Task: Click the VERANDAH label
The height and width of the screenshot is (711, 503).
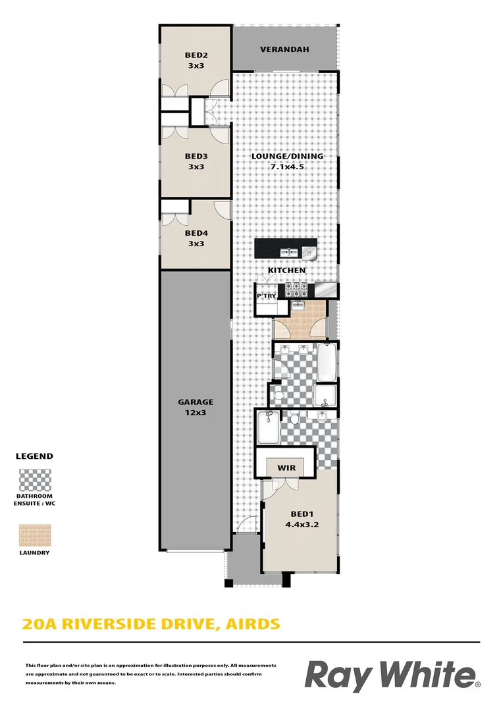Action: [x=284, y=49]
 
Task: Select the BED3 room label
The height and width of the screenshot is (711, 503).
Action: [x=196, y=157]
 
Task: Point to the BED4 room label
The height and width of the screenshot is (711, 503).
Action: [x=196, y=233]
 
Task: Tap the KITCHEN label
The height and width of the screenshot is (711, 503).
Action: [x=286, y=271]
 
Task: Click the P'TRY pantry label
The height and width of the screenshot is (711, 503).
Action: [x=266, y=297]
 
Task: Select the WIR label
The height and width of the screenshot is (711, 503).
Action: [x=286, y=468]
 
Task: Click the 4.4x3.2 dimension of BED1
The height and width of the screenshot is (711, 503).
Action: [x=302, y=525]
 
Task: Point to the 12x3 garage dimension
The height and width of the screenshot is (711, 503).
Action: [x=196, y=413]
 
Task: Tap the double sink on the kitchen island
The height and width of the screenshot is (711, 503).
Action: [x=288, y=251]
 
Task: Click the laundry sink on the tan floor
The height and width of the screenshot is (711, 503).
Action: [x=297, y=305]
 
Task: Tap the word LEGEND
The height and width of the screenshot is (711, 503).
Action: [x=34, y=456]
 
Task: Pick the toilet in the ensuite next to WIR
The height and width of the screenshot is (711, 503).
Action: [x=295, y=417]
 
